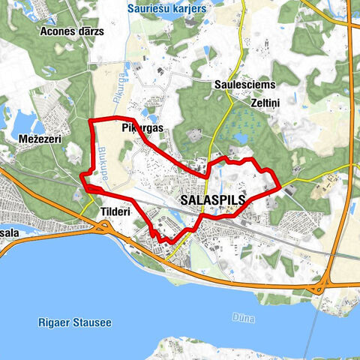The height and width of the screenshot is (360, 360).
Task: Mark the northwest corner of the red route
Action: pos(90,121)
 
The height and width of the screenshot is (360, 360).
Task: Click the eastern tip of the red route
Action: pos(279,185)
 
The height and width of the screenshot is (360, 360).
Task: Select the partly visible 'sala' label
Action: pos(9,233)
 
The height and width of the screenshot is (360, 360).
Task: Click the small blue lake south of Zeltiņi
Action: pos(241,139)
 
